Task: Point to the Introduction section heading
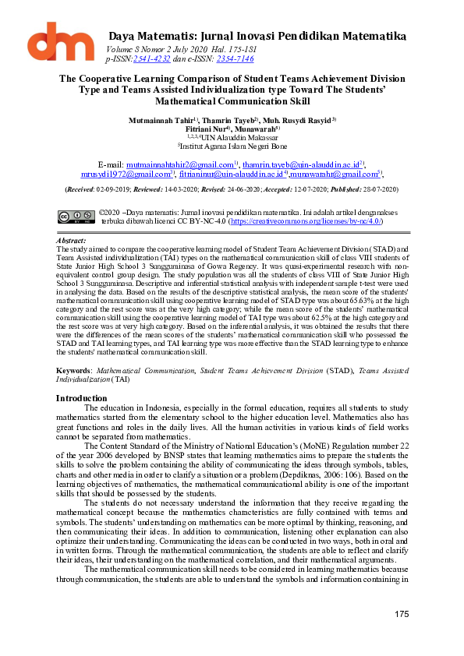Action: [82, 398]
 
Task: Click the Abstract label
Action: [71, 242]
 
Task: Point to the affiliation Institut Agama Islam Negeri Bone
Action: [232, 146]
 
